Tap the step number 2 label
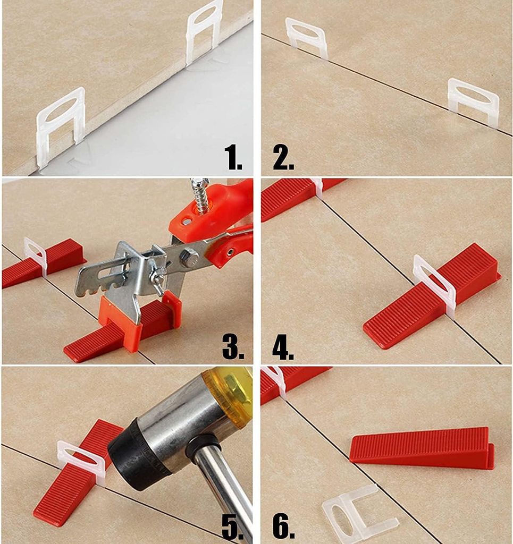(283, 157)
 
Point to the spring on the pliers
(200, 195)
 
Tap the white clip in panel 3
(36, 257)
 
